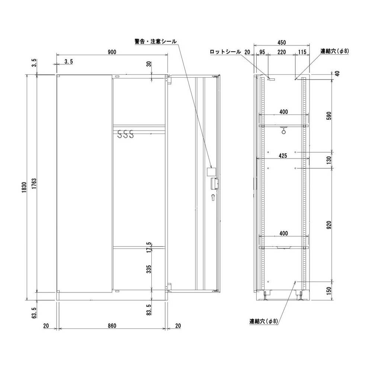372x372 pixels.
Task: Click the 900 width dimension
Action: (x=112, y=52)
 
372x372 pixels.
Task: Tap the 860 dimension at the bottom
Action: (x=112, y=326)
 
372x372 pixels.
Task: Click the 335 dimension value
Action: (x=149, y=269)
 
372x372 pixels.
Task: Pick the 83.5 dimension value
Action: (x=149, y=310)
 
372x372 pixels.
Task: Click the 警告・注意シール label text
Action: (x=155, y=41)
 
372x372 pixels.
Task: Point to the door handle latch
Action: (x=214, y=184)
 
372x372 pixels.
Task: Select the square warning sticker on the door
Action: (x=211, y=172)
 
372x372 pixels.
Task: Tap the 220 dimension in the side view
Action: (x=282, y=52)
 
